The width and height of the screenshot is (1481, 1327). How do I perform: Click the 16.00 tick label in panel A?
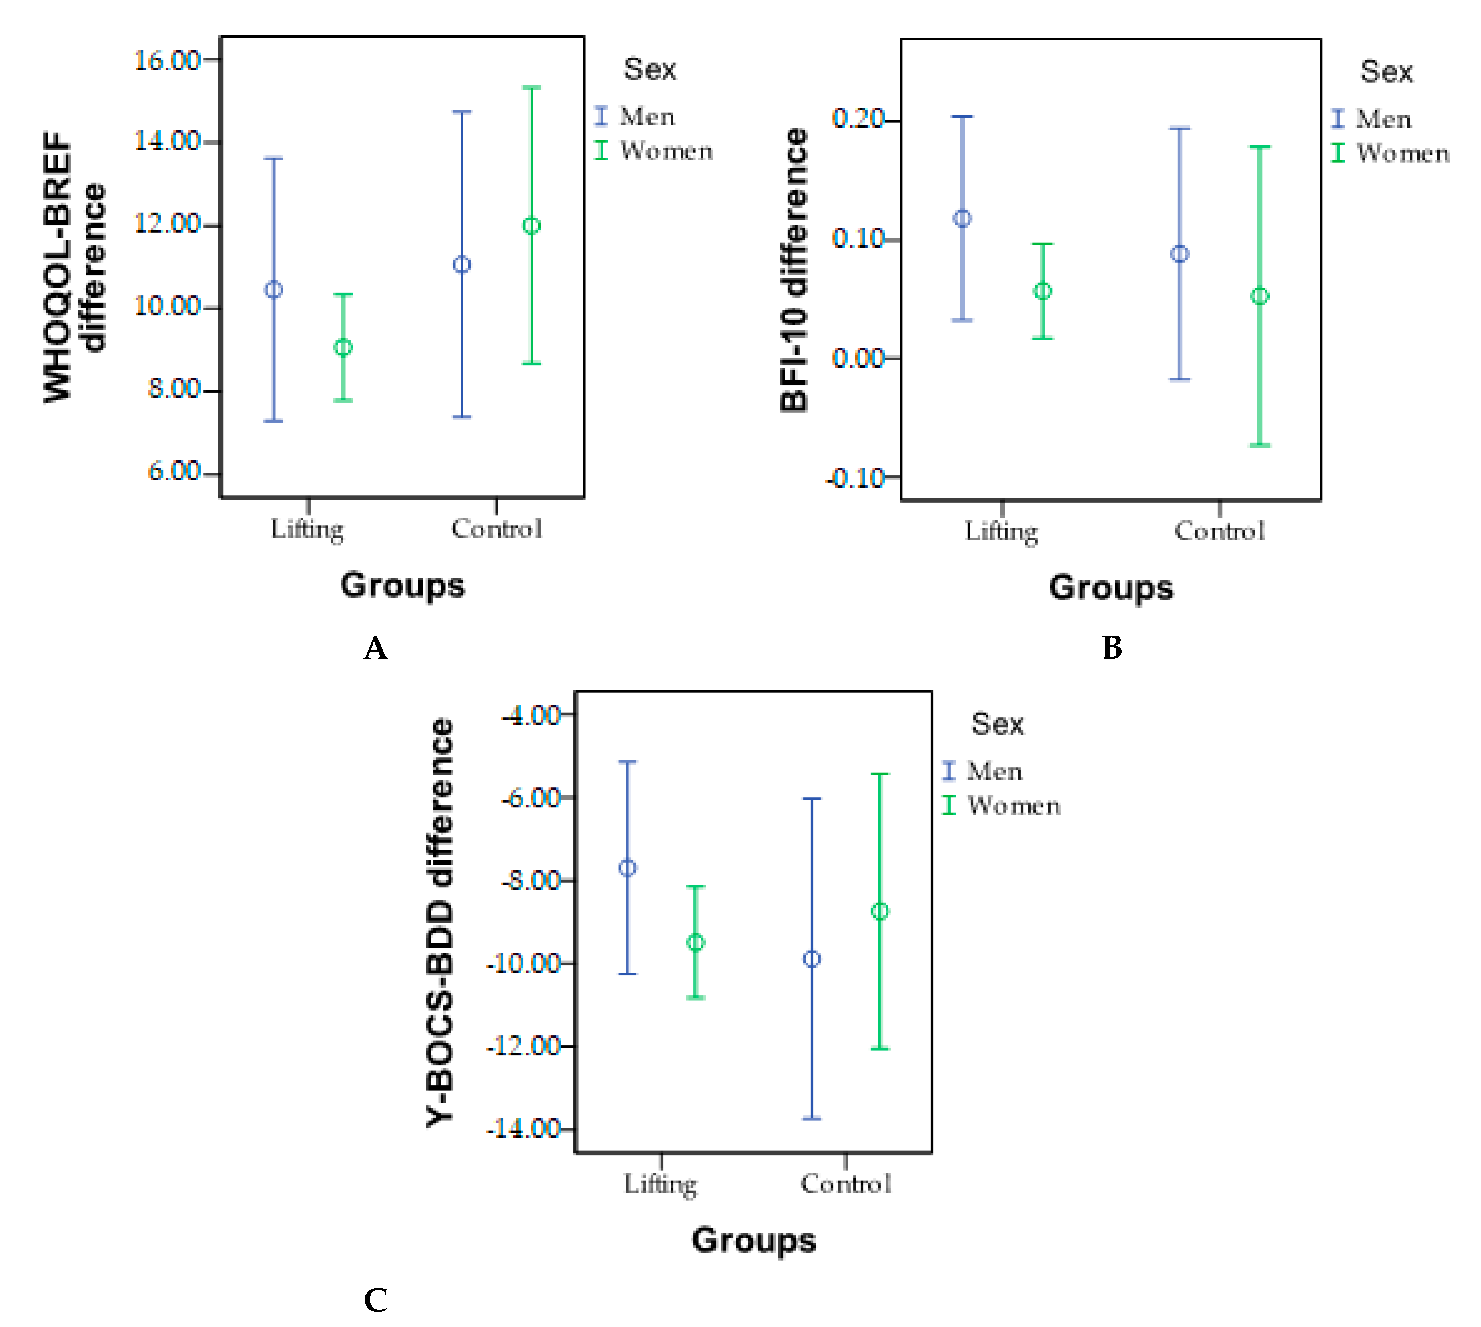(x=166, y=60)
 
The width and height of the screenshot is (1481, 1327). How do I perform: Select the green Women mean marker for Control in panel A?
(x=531, y=226)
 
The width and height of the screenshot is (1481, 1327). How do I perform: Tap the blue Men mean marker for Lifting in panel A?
(x=273, y=290)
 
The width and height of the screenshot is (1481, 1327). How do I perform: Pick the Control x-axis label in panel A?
(x=496, y=528)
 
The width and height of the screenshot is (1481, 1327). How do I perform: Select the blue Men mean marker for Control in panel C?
(x=811, y=959)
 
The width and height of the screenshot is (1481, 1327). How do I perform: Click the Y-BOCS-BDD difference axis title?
(x=440, y=922)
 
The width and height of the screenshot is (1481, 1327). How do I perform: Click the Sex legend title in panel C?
(x=997, y=724)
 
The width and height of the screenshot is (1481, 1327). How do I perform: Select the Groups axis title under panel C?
(x=754, y=1240)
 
